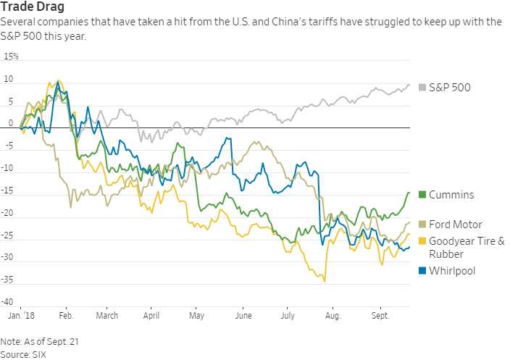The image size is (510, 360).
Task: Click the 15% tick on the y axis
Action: click(12, 56)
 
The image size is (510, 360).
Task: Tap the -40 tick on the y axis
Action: click(10, 302)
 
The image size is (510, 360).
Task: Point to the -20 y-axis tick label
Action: click(10, 214)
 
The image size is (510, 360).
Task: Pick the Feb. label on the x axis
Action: click(65, 316)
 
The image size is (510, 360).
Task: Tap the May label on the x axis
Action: click(196, 316)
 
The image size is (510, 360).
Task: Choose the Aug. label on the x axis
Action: click(333, 316)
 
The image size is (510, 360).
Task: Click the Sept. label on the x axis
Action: click(380, 316)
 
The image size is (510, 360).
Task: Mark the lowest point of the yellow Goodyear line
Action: click(325, 281)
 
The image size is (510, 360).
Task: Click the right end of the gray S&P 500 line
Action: click(409, 85)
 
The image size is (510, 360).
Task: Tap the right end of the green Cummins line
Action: click(409, 192)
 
